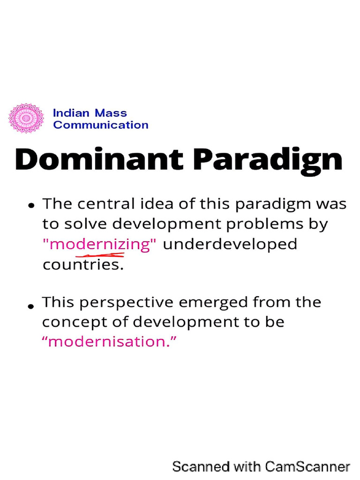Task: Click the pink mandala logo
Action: (26, 118)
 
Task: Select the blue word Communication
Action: (101, 125)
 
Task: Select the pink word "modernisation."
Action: (110, 341)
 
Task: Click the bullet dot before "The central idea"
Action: (31, 205)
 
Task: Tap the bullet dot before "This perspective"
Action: (31, 306)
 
